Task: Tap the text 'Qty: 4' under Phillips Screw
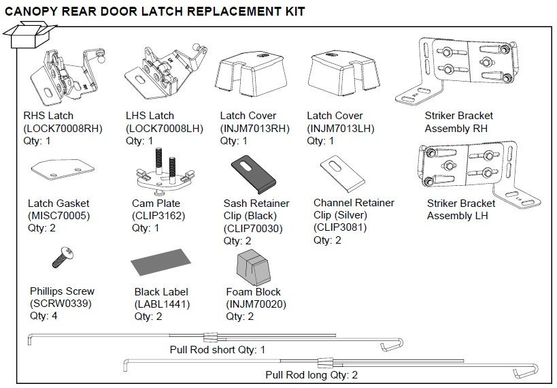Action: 44,317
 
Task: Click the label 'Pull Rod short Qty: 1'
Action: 217,350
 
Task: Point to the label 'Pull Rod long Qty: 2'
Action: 311,375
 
